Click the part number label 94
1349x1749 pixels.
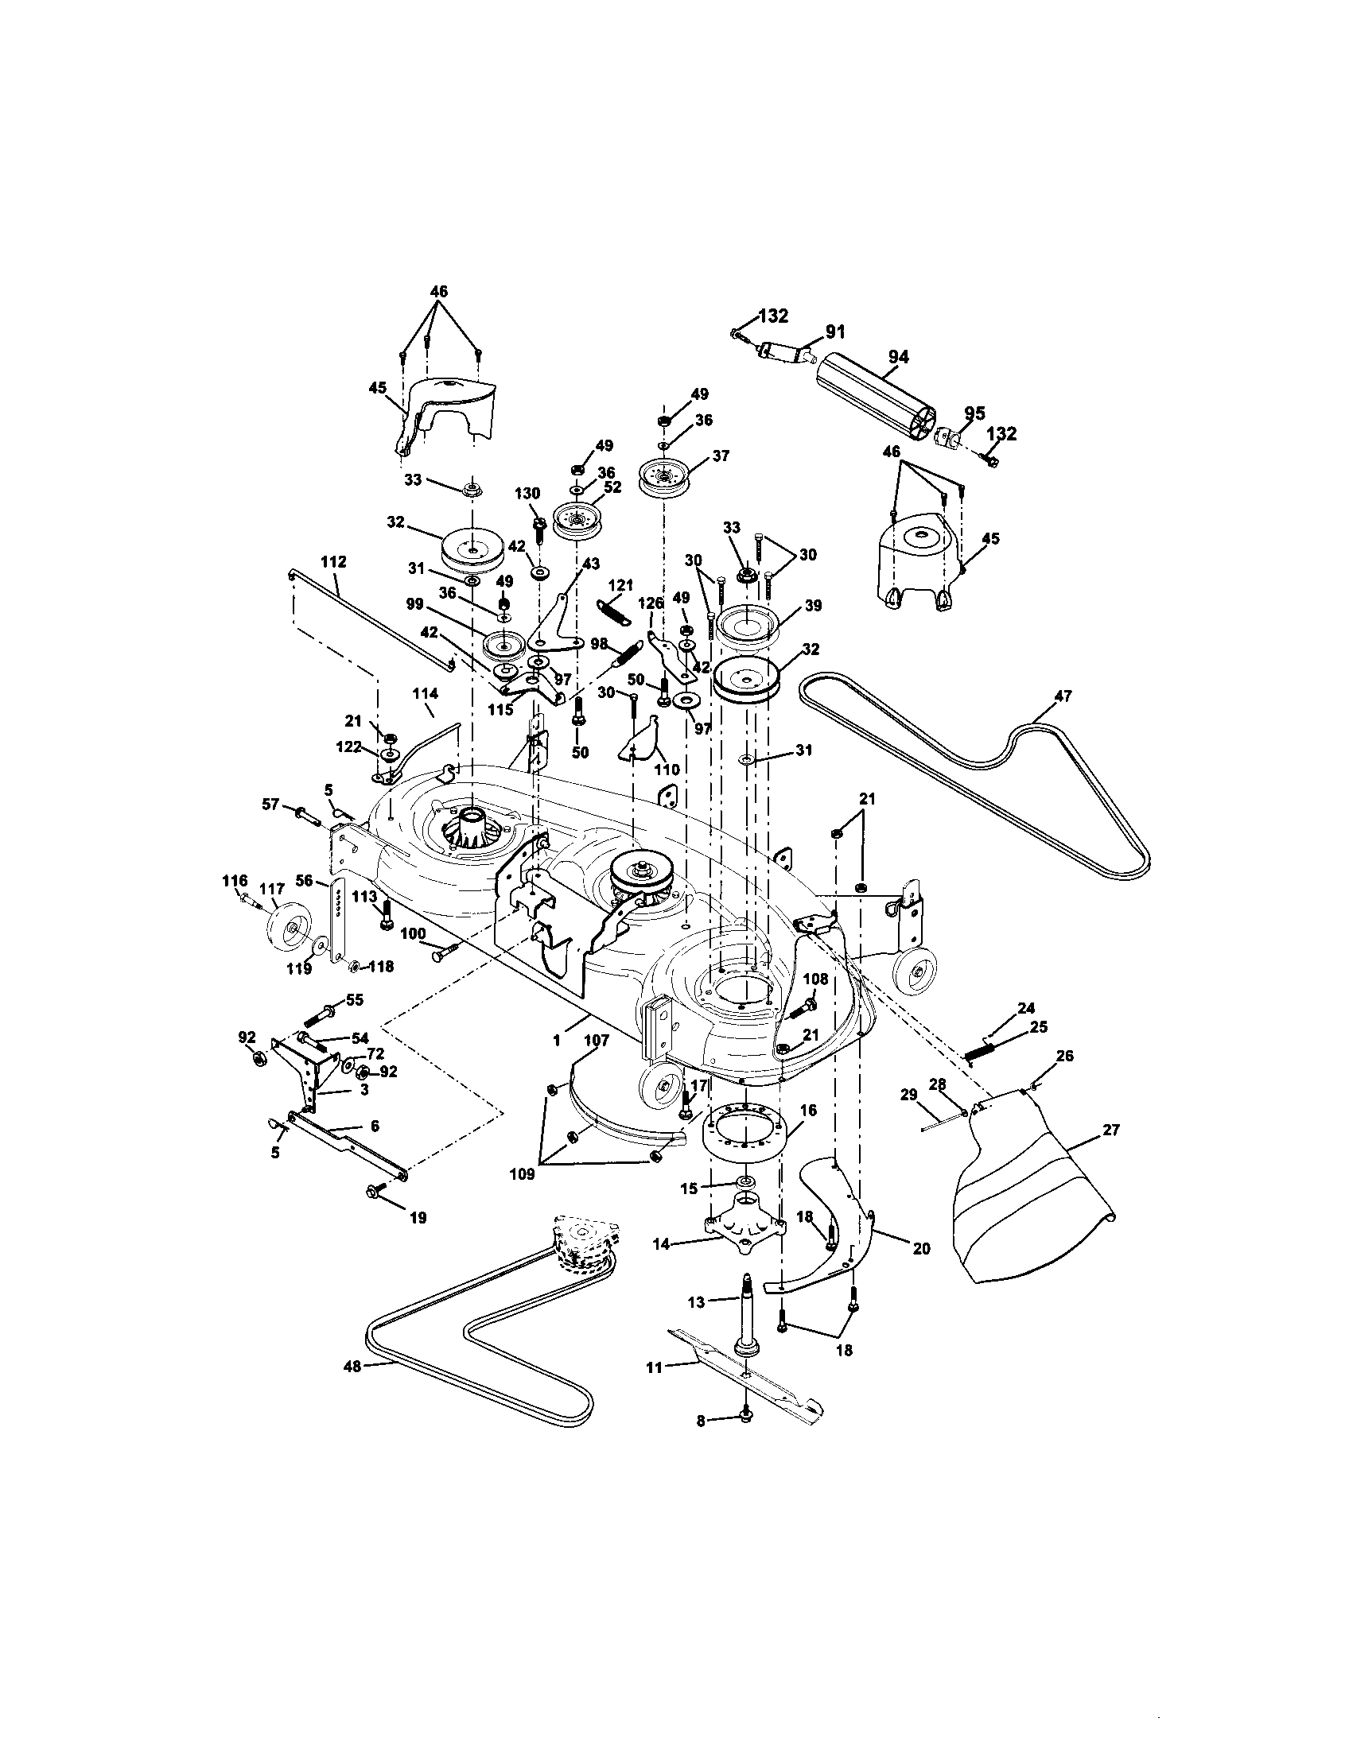(898, 357)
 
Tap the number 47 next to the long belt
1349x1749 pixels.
(1063, 696)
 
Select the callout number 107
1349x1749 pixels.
(597, 1041)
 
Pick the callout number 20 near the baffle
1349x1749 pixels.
(922, 1247)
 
